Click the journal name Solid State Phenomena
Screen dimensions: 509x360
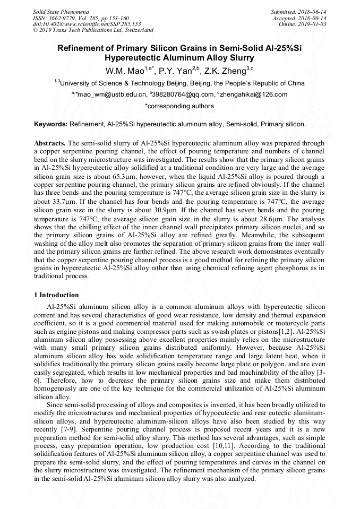(61, 11)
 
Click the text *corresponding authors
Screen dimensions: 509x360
(179, 106)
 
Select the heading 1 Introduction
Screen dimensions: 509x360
(56, 295)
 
